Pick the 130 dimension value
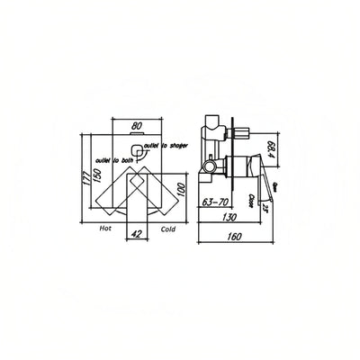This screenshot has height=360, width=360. pyautogui.click(x=230, y=217)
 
